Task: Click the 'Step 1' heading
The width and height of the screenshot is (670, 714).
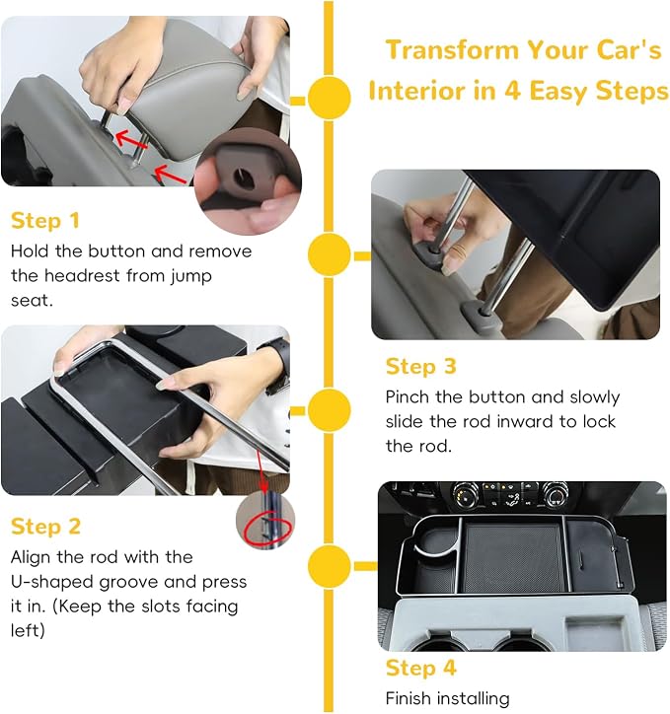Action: pos(45,221)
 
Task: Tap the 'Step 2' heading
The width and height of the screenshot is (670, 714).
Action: pos(45,527)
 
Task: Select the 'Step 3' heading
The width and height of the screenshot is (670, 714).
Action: pos(420,367)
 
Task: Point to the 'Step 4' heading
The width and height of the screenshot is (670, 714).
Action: pos(420,668)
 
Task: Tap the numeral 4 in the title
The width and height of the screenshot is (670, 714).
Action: pos(512,90)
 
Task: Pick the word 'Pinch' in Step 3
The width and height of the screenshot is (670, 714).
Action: pos(407,397)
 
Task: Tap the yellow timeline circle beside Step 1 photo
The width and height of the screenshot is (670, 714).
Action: pos(329,98)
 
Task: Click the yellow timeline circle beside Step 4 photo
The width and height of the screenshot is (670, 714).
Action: pos(329,566)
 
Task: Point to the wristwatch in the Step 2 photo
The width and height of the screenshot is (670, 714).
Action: pos(278,361)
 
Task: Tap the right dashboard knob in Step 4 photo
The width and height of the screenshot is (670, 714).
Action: pos(556,495)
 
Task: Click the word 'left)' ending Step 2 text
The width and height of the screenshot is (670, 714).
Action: pos(28,631)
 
